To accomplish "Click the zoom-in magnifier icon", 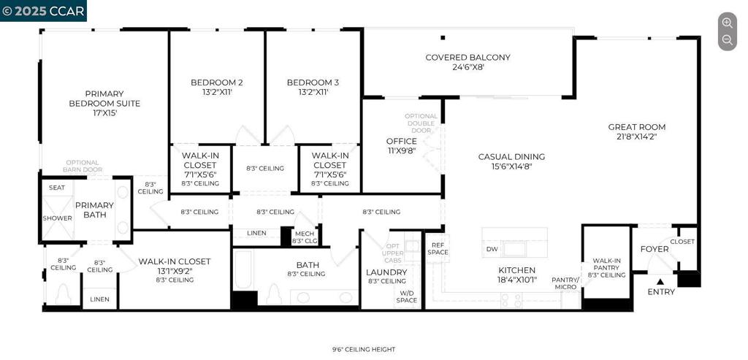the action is tap(727, 23).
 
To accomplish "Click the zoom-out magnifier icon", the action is tap(727, 39).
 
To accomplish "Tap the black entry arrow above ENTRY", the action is tap(660, 282).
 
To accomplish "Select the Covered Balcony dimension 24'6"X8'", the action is tap(467, 67).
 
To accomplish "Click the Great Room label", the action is tap(636, 127).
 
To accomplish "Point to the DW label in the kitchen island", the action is tap(492, 249).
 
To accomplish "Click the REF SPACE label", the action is tap(438, 248).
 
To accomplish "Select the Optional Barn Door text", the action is tap(83, 166).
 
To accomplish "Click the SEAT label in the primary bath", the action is tap(57, 188).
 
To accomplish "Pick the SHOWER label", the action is tap(57, 218).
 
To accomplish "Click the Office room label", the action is tap(401, 141).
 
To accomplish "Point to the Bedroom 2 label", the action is tap(216, 83).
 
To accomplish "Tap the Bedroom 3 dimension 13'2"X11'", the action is tap(313, 93).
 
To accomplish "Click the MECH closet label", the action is tap(305, 234).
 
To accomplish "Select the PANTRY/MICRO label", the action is tap(565, 283).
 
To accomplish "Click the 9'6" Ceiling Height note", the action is tap(364, 350).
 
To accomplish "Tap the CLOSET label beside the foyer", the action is tap(682, 242).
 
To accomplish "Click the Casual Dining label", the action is tap(511, 156).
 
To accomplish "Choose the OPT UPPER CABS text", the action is tap(392, 253).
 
